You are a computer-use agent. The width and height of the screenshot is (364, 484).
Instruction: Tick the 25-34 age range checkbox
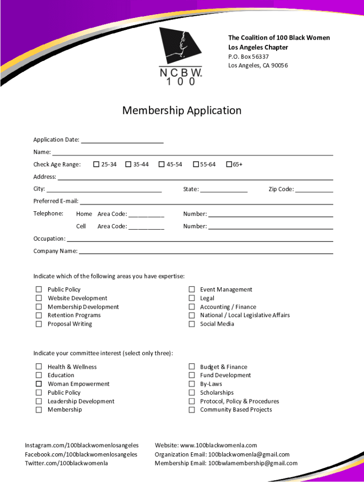pyautogui.click(x=96, y=164)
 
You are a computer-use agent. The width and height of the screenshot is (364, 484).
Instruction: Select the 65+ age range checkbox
pyautogui.click(x=229, y=164)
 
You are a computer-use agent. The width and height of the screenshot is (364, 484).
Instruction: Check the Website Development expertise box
pyautogui.click(x=39, y=298)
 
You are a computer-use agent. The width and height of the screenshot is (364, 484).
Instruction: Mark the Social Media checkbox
pyautogui.click(x=191, y=324)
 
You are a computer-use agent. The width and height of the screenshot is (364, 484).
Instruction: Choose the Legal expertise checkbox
pyautogui.click(x=191, y=298)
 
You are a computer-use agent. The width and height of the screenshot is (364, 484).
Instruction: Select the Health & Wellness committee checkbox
pyautogui.click(x=39, y=367)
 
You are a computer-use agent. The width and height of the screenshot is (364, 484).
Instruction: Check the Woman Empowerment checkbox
pyautogui.click(x=39, y=384)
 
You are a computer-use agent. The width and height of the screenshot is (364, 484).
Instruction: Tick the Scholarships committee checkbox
pyautogui.click(x=191, y=392)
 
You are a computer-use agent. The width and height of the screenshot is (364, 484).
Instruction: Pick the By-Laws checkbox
pyautogui.click(x=191, y=384)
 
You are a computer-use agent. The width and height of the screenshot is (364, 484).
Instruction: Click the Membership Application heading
pyautogui.click(x=182, y=111)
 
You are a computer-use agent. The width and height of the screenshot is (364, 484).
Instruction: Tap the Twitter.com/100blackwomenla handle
pyautogui.click(x=66, y=463)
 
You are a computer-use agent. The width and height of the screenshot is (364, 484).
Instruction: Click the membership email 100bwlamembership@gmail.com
pyautogui.click(x=253, y=463)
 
